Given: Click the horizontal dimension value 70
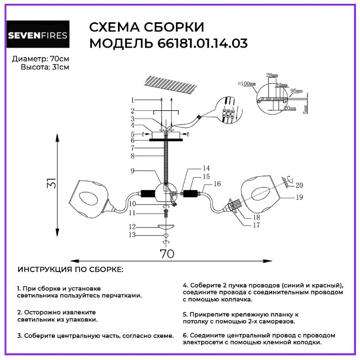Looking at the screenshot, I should [x=167, y=254].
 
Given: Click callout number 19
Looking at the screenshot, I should [x=300, y=197].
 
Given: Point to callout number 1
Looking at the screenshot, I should [x=133, y=100].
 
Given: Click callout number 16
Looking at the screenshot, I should [x=217, y=183].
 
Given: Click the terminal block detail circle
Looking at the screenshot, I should [x=228, y=109].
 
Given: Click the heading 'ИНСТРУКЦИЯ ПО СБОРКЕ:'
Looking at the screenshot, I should [x=71, y=269].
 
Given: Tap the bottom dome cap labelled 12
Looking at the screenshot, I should [x=166, y=227].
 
